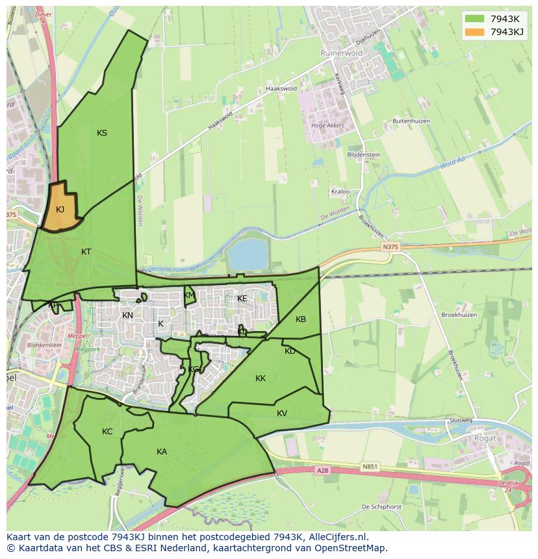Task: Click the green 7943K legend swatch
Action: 474,19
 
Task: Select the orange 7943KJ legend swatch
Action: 474,32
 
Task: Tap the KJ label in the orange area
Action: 60,209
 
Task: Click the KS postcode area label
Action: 102,133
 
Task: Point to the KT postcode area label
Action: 86,251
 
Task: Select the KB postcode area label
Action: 301,319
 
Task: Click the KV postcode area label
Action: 282,413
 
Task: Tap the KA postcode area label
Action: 162,451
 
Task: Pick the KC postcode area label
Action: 107,431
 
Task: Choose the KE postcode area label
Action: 242,299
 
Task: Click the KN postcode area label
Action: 127,316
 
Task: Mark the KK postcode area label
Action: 261,378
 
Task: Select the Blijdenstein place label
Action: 364,155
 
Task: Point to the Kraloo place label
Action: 340,192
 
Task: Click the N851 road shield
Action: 370,466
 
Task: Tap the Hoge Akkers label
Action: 327,126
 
